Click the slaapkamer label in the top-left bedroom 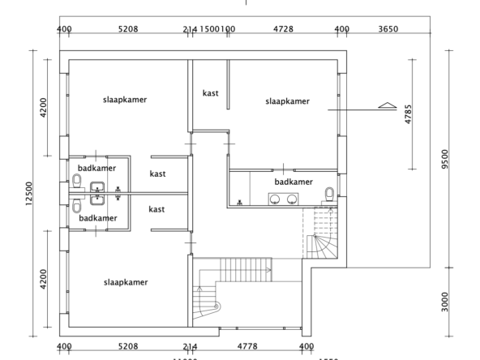(125, 100)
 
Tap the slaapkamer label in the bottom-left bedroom (125, 282)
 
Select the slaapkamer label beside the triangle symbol (287, 101)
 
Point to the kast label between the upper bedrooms (210, 93)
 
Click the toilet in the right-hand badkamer (329, 193)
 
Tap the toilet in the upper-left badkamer (77, 179)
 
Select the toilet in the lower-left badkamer (77, 206)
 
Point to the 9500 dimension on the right (445, 158)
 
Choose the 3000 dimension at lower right (445, 302)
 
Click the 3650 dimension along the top (388, 29)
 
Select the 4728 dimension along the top (282, 29)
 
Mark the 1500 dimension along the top (212, 29)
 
